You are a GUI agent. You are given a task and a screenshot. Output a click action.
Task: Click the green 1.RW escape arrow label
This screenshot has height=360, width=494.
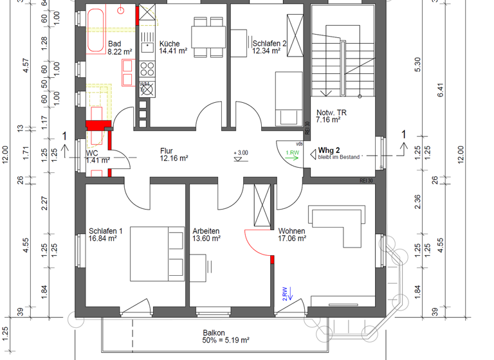point(292,153)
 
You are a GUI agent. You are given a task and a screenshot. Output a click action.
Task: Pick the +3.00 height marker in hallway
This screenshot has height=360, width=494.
point(241,153)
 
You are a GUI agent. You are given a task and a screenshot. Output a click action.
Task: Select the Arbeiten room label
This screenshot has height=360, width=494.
point(206,231)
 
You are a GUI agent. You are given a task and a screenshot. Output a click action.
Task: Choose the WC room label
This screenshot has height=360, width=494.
point(93,154)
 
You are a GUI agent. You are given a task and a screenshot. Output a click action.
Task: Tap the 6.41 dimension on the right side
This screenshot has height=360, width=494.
point(458,90)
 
